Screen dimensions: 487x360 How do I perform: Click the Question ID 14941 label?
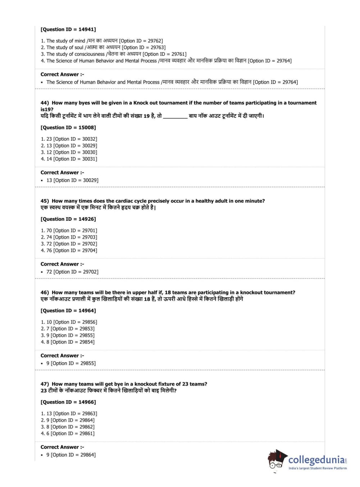click(x=68, y=29)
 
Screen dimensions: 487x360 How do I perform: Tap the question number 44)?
click(x=45, y=103)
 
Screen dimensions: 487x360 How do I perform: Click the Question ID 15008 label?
click(x=68, y=128)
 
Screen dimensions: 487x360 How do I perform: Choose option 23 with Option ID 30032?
click(x=69, y=139)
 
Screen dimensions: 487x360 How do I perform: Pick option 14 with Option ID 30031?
click(x=69, y=159)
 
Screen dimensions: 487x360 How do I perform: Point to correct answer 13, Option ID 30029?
click(x=72, y=180)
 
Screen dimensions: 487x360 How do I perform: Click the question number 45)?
click(x=45, y=201)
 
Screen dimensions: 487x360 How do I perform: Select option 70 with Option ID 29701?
click(x=69, y=231)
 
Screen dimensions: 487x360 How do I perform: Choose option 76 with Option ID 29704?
click(x=69, y=251)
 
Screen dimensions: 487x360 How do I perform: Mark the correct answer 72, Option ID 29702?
click(x=72, y=272)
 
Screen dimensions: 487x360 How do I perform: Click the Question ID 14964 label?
click(x=68, y=311)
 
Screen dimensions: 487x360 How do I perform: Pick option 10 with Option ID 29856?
click(x=69, y=322)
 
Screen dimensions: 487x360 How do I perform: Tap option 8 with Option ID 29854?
click(x=68, y=342)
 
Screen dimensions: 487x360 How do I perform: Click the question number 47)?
click(x=45, y=384)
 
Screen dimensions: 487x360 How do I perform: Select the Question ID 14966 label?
click(x=68, y=402)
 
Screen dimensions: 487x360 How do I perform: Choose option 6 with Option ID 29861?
click(x=68, y=433)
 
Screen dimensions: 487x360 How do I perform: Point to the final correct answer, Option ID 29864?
click(x=71, y=455)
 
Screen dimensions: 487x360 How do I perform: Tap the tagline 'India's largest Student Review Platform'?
click(x=318, y=468)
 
